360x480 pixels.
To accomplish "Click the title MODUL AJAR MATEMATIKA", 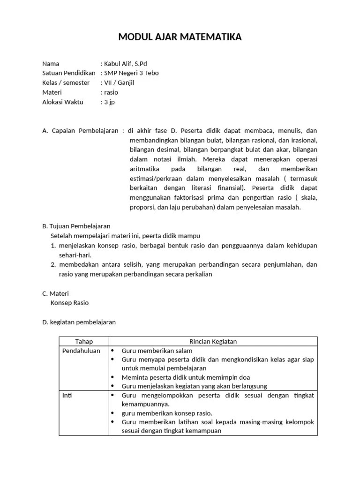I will pyautogui.click(x=180, y=37).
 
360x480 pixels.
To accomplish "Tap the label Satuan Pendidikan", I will pyautogui.click(x=68, y=73).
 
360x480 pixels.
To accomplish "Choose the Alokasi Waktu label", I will pyautogui.click(x=62, y=102).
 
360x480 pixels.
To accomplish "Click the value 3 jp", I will pyautogui.click(x=109, y=102).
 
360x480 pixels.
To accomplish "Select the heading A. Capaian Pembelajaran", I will pyautogui.click(x=80, y=130).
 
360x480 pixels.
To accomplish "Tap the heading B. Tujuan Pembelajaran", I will pyautogui.click(x=76, y=226).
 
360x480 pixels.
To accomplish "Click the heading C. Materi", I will pyautogui.click(x=55, y=293).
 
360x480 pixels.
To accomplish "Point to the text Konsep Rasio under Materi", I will pyautogui.click(x=69, y=303).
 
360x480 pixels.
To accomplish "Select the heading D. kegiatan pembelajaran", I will pyautogui.click(x=79, y=322).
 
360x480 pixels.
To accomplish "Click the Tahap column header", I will pyautogui.click(x=84, y=341).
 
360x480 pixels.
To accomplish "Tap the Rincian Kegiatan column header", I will pyautogui.click(x=213, y=341).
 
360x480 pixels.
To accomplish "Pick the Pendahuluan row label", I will pyautogui.click(x=81, y=351).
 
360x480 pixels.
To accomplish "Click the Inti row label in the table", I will pyautogui.click(x=67, y=396).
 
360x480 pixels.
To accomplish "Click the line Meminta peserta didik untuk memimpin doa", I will pyautogui.click(x=186, y=377).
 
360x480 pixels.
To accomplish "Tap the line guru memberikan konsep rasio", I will pyautogui.click(x=167, y=413).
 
